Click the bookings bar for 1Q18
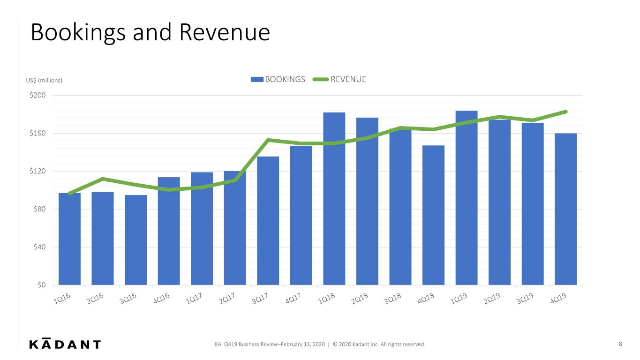point(334,199)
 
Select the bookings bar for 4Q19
point(566,209)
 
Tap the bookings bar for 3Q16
point(136,240)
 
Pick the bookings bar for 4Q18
point(433,215)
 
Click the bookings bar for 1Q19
point(467,198)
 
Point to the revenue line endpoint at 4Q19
point(566,112)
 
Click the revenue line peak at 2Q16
point(103,179)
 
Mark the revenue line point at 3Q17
point(268,140)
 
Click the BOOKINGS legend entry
point(278,79)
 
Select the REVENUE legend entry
point(339,79)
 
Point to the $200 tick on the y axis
point(38,95)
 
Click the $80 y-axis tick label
point(39,209)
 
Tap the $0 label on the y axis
point(41,285)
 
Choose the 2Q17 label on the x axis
point(227,299)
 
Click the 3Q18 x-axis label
point(392,299)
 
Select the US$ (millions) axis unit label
point(44,80)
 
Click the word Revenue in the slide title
point(225,32)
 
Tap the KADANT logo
point(65,344)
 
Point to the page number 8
point(620,344)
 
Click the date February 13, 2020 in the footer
point(302,344)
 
